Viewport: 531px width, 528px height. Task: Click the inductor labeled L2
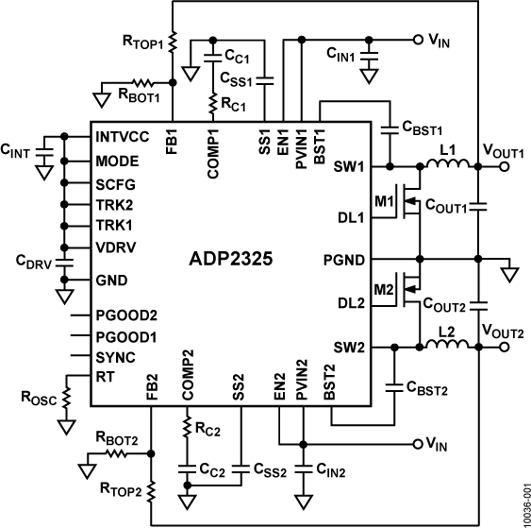[448, 349]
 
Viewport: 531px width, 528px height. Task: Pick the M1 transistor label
[386, 202]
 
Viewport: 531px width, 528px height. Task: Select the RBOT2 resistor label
[116, 437]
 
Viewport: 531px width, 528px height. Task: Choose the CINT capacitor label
[16, 150]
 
